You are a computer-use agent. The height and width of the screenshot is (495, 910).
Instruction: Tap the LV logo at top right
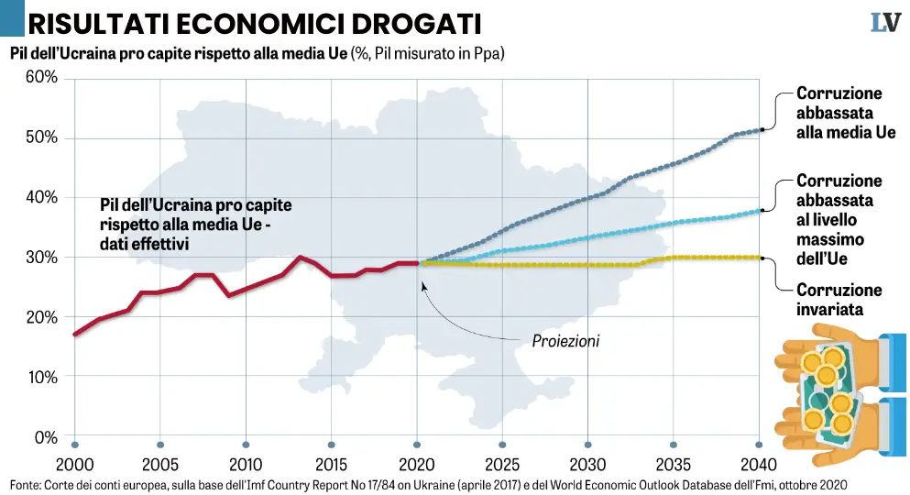pos(884,22)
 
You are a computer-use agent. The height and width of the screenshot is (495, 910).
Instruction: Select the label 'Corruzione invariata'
pos(839,300)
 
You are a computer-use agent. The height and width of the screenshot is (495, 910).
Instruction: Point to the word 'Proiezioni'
pos(565,341)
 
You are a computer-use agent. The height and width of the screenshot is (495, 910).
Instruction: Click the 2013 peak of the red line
pos(300,258)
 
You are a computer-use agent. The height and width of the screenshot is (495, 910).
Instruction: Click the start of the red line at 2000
pos(75,334)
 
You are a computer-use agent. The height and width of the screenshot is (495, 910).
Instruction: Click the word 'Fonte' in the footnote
pos(26,483)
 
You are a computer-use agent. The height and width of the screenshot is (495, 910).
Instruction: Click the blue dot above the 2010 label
pos(246,444)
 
